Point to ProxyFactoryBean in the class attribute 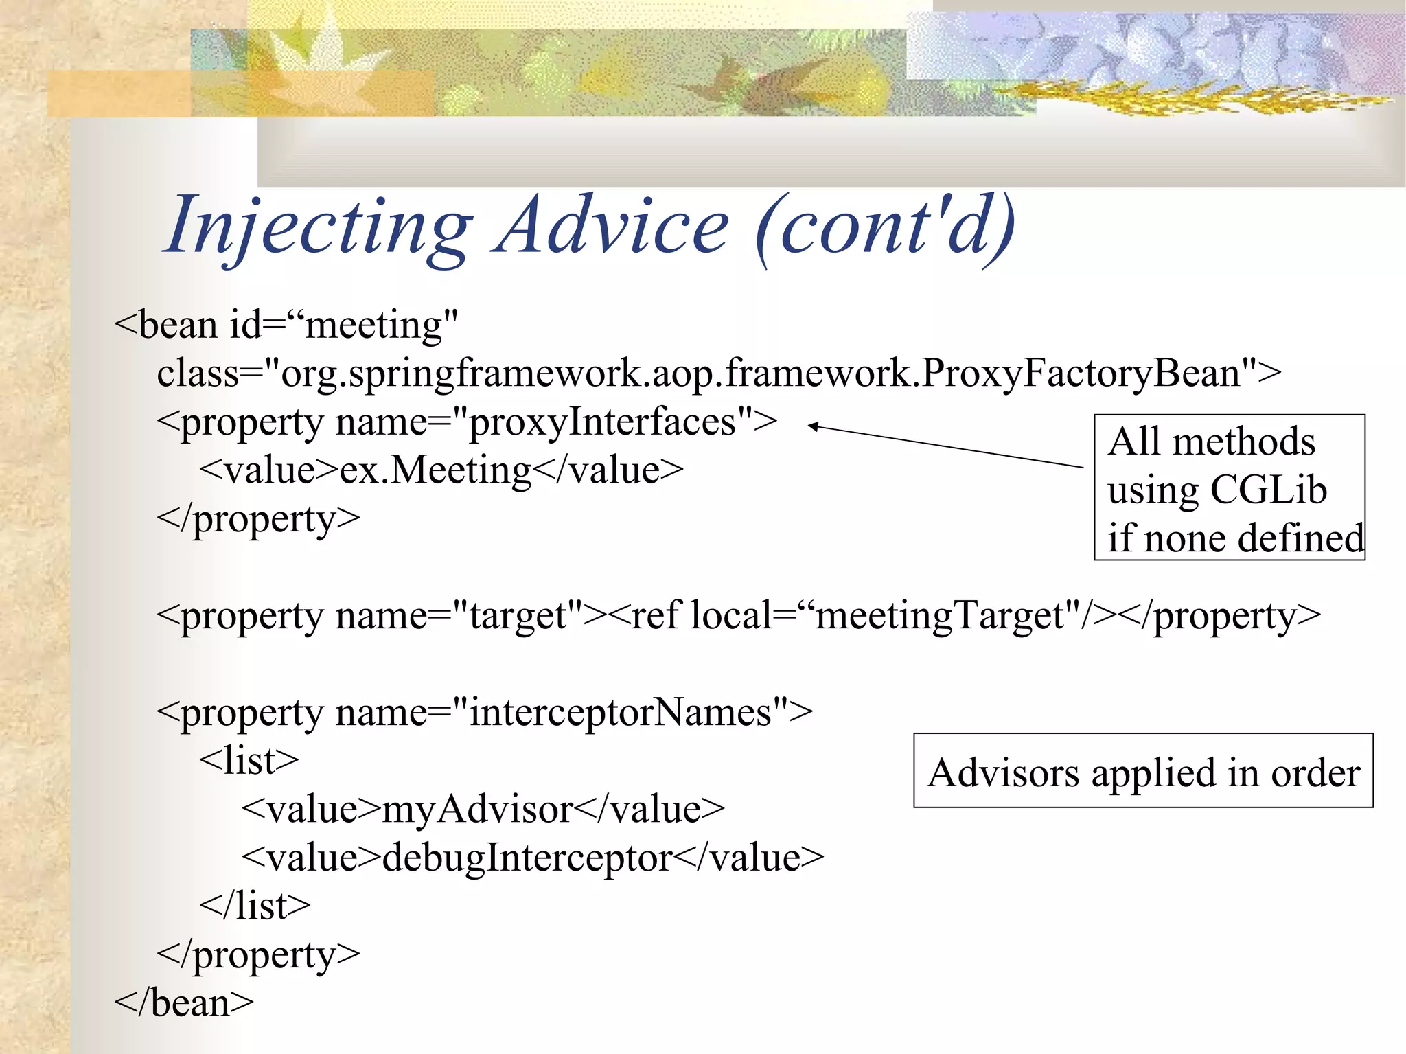(x=1081, y=374)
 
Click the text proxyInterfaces (x=603, y=422)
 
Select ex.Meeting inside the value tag (x=435, y=470)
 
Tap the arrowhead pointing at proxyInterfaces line (x=813, y=426)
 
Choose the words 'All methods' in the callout (x=1212, y=441)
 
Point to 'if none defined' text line (x=1234, y=538)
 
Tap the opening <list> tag (x=249, y=761)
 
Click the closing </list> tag (x=255, y=906)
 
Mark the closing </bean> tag (x=184, y=1003)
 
